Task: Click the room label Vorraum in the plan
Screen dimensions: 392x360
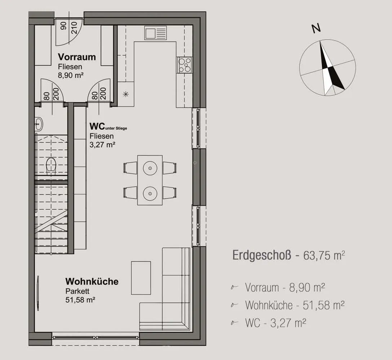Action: (77, 57)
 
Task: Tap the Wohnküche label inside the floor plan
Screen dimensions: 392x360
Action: (92, 281)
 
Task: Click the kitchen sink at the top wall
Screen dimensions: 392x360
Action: (155, 33)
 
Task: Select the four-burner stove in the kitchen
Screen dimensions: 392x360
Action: (184, 65)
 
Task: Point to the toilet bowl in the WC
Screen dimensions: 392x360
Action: (51, 165)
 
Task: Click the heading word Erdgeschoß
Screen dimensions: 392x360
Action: (262, 255)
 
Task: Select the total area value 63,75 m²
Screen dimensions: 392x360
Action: (324, 255)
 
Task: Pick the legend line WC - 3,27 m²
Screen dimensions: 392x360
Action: (276, 323)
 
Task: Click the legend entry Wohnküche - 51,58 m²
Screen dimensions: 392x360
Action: (295, 305)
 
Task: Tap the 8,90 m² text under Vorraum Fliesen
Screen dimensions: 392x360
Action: (71, 75)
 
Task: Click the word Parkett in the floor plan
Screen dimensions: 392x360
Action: (77, 291)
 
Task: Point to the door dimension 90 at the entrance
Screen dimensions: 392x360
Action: (64, 26)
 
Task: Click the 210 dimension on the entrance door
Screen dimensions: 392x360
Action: (74, 28)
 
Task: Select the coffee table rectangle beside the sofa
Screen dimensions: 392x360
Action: (141, 278)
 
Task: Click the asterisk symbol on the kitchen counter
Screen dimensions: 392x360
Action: (126, 94)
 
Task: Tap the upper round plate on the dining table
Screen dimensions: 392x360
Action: (150, 168)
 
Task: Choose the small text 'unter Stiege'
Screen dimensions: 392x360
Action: (116, 129)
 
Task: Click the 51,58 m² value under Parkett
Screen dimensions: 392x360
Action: (80, 300)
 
